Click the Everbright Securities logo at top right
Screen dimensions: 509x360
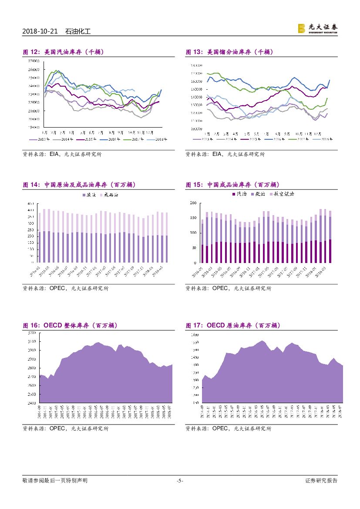click(x=317, y=28)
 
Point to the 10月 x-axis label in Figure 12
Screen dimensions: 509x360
click(x=131, y=131)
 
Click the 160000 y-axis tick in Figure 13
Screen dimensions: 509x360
click(x=196, y=81)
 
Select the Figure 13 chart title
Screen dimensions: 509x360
click(x=229, y=52)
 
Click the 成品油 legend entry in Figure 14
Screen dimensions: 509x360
click(x=111, y=195)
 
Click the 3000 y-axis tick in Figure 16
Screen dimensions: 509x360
click(x=31, y=350)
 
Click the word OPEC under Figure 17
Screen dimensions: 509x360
click(x=220, y=428)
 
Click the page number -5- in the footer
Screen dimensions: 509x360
click(x=180, y=481)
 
